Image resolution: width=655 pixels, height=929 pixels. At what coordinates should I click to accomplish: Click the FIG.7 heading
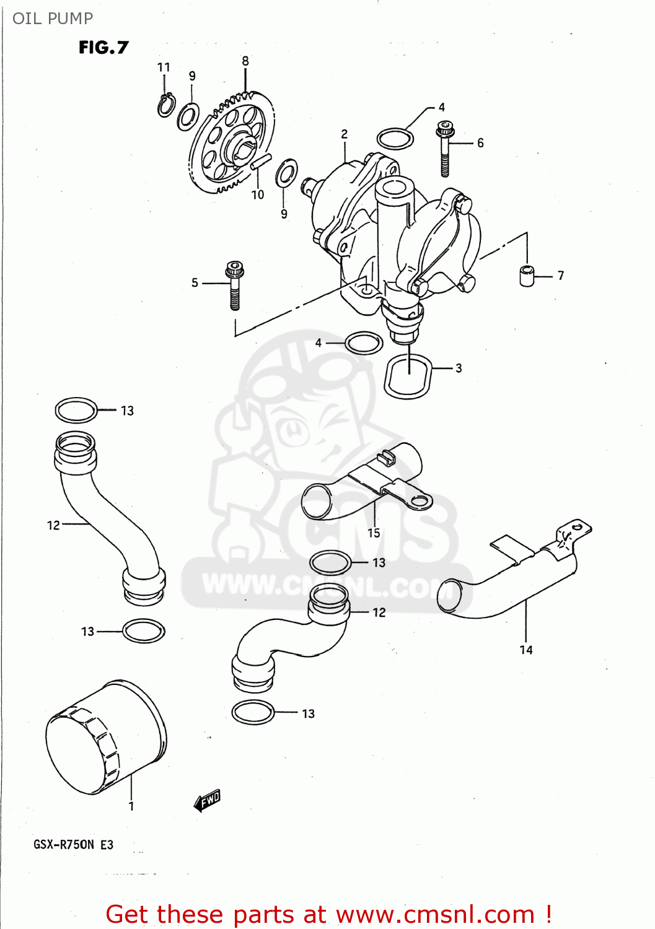coord(103,48)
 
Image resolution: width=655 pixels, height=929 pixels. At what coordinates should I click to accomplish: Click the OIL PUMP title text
coord(53,19)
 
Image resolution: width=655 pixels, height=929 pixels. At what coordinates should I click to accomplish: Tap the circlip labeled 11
coord(165,105)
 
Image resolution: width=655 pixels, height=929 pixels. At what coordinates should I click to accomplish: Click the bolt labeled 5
coord(234,285)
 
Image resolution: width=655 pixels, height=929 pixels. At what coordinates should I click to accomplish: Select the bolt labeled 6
coord(445,149)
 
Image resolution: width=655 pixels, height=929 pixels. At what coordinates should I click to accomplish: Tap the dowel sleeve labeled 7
coord(527,276)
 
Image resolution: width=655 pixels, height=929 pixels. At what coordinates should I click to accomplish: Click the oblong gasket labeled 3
coord(408,377)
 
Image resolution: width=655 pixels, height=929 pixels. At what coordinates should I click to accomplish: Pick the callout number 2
coord(345,134)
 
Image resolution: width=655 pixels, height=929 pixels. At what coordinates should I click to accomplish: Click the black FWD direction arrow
coord(207,800)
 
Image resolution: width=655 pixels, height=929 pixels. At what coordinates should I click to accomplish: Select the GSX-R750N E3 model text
coord(73,845)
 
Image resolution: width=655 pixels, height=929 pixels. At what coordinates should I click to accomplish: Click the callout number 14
coord(526,650)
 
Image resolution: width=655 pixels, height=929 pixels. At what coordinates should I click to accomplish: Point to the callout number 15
coord(374,533)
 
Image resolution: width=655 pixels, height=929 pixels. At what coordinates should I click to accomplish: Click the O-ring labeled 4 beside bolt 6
coord(395,139)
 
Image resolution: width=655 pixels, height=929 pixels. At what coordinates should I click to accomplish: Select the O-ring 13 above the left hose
coord(76,410)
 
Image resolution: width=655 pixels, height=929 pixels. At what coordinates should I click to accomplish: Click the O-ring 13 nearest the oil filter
coord(144,631)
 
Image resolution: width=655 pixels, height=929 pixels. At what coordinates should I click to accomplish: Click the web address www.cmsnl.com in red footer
coord(435,914)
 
